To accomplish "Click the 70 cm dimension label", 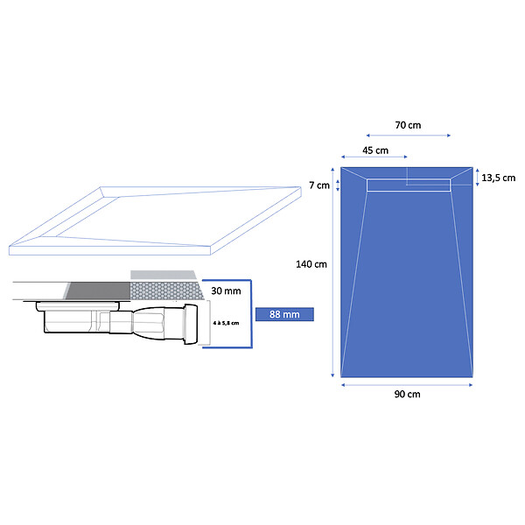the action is pyautogui.click(x=408, y=125).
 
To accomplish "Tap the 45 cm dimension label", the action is pyautogui.click(x=375, y=150).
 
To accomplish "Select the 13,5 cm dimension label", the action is pyautogui.click(x=498, y=178).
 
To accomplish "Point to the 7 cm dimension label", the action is pyautogui.click(x=319, y=185).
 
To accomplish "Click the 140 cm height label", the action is pyautogui.click(x=311, y=264).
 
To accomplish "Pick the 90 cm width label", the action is pyautogui.click(x=407, y=394).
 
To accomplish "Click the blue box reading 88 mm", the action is pyautogui.click(x=284, y=314).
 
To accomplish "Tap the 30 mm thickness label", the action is pyautogui.click(x=226, y=290).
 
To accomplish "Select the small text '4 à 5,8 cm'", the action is pyautogui.click(x=226, y=323).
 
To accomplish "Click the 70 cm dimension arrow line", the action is pyautogui.click(x=408, y=136).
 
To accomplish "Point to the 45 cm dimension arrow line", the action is pyautogui.click(x=374, y=157).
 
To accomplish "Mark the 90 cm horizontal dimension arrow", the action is pyautogui.click(x=407, y=385).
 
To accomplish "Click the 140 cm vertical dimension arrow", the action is pyautogui.click(x=332, y=272).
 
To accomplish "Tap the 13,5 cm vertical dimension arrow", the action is pyautogui.click(x=478, y=178).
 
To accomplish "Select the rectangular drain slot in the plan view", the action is pyautogui.click(x=409, y=185).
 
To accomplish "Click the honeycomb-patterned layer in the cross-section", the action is pyautogui.click(x=166, y=290).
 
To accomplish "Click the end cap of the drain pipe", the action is pyautogui.click(x=191, y=324).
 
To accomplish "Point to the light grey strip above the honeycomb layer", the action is pyautogui.click(x=164, y=275).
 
